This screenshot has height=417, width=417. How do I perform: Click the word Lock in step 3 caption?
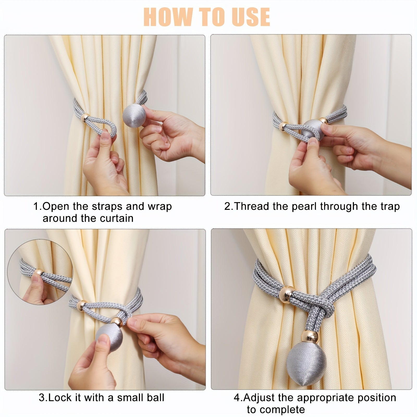coord(59,398)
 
